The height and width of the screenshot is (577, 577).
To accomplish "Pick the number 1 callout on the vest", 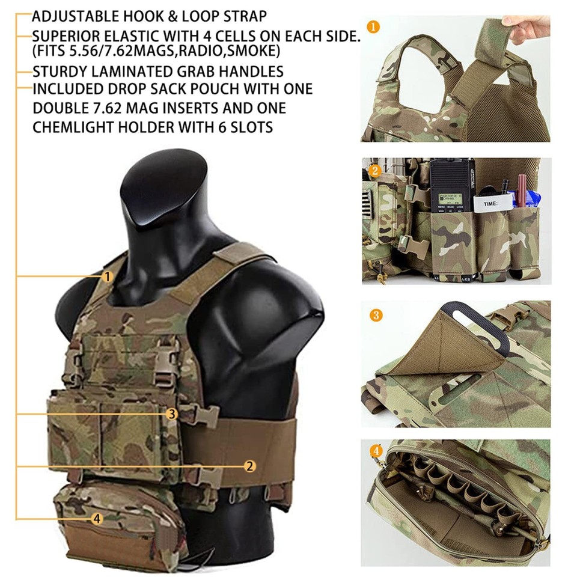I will pyautogui.click(x=107, y=276).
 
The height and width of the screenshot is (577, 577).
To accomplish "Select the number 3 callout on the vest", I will pyautogui.click(x=172, y=414).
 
